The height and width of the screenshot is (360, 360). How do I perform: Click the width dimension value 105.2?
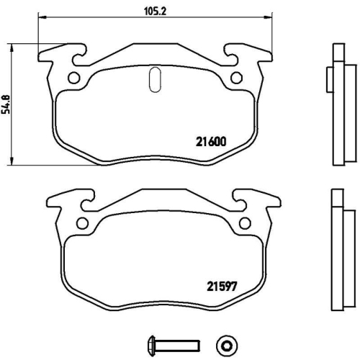click(150, 10)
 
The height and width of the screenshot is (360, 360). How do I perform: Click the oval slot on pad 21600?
click(153, 79)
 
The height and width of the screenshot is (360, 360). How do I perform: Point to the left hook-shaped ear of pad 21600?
click(58, 55)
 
